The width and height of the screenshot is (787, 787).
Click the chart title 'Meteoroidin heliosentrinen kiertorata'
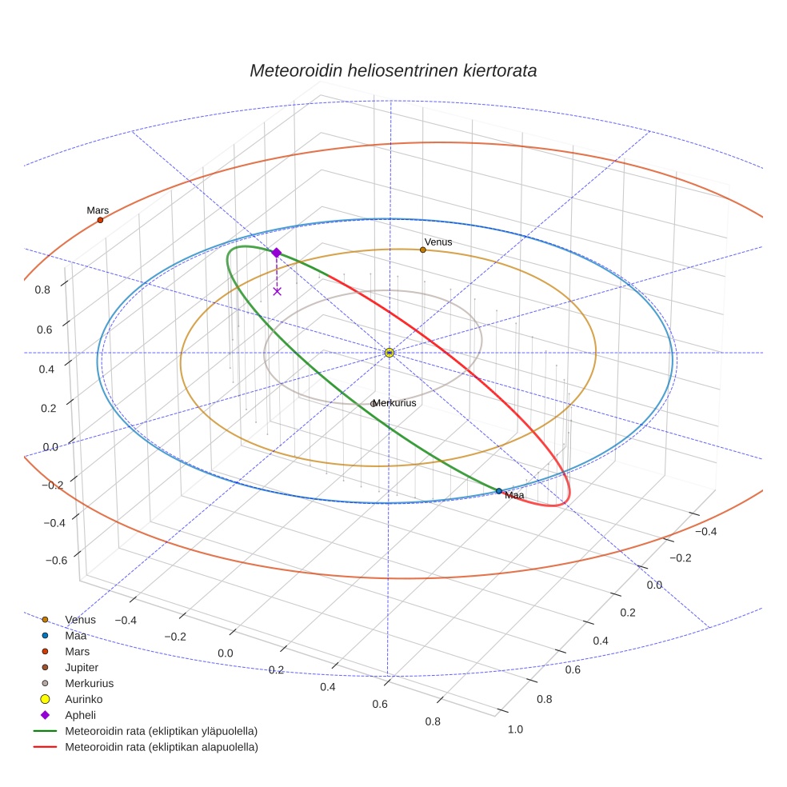click(x=393, y=70)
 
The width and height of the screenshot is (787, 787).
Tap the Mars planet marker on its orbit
click(x=100, y=220)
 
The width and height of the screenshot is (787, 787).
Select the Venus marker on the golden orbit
click(x=423, y=250)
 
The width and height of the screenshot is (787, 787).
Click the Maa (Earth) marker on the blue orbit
click(x=499, y=491)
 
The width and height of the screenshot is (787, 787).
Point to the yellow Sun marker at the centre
click(x=390, y=353)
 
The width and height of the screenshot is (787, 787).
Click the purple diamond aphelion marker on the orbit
click(x=277, y=253)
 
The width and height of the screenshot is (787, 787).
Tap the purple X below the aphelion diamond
click(x=277, y=291)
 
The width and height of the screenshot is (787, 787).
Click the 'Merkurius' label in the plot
click(x=394, y=403)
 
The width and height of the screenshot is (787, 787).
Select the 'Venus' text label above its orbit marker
click(x=438, y=242)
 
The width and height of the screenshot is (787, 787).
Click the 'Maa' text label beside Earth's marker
click(x=514, y=496)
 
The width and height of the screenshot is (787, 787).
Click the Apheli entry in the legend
click(x=80, y=715)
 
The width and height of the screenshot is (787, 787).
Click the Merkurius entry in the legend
click(x=89, y=683)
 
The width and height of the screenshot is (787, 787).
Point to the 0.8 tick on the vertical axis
click(x=42, y=290)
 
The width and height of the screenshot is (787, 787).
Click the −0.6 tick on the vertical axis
click(x=56, y=561)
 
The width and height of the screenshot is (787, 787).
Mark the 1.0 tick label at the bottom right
click(x=515, y=729)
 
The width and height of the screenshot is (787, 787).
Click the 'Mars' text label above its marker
click(x=98, y=210)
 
